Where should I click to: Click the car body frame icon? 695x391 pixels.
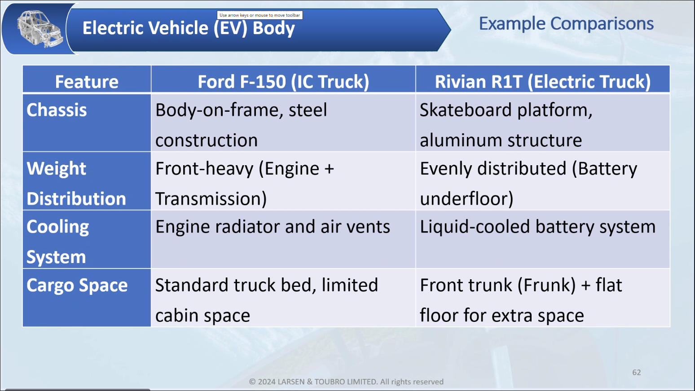pyautogui.click(x=40, y=29)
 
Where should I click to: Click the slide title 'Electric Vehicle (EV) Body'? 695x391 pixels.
pyautogui.click(x=189, y=28)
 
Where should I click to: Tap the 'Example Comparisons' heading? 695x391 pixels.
pyautogui.click(x=566, y=24)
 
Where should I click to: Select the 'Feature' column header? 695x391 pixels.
pyautogui.click(x=87, y=82)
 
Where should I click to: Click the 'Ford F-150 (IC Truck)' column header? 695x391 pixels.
pyautogui.click(x=283, y=82)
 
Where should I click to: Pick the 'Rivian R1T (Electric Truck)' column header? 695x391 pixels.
pyautogui.click(x=543, y=82)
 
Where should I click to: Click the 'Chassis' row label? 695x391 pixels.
pyautogui.click(x=57, y=110)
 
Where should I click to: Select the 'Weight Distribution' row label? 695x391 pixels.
pyautogui.click(x=76, y=184)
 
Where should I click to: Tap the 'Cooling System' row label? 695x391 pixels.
pyautogui.click(x=58, y=242)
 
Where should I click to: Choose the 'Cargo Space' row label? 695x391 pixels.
pyautogui.click(x=77, y=286)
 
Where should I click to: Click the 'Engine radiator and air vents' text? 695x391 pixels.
pyautogui.click(x=273, y=227)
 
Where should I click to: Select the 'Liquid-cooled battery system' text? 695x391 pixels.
pyautogui.click(x=538, y=227)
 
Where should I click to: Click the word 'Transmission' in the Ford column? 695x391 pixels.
pyautogui.click(x=208, y=199)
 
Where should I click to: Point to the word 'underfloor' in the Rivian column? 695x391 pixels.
pyautogui.click(x=465, y=199)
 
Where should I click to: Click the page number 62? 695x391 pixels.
pyautogui.click(x=636, y=373)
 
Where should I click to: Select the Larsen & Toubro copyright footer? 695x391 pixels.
pyautogui.click(x=346, y=382)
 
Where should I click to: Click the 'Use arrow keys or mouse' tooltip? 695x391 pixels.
pyautogui.click(x=260, y=15)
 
